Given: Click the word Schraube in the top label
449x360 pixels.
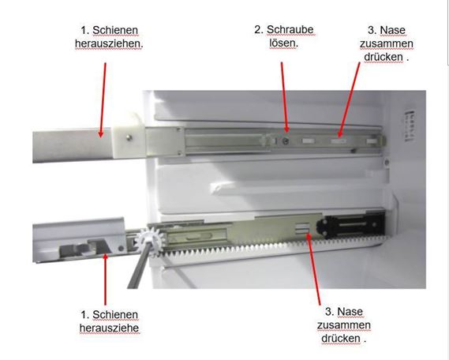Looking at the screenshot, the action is [290, 29].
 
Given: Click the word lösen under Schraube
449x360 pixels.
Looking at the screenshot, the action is [283, 43].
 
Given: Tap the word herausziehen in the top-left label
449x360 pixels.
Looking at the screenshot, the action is [109, 44].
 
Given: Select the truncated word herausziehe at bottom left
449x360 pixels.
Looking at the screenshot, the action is [109, 328].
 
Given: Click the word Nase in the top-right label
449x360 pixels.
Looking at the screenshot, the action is [392, 30].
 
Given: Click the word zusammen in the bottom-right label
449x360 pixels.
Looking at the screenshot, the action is [344, 325].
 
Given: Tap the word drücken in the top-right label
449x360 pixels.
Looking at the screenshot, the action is [384, 57].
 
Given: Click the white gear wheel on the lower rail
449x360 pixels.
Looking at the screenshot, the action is [149, 240].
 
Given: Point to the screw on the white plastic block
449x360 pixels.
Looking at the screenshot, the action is [129, 137].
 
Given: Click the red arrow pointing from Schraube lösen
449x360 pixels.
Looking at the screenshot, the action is [284, 97].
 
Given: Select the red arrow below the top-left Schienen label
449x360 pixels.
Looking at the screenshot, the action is [103, 100].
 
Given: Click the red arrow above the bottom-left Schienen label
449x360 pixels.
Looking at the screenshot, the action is [106, 279].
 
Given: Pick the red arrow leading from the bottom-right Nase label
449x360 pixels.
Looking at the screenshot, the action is [313, 269].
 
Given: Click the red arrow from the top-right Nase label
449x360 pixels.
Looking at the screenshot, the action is [349, 99].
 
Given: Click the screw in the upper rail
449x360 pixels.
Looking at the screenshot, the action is [286, 141].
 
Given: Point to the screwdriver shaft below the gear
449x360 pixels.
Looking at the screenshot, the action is [138, 268].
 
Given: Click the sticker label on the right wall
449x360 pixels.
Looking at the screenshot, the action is [410, 126].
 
